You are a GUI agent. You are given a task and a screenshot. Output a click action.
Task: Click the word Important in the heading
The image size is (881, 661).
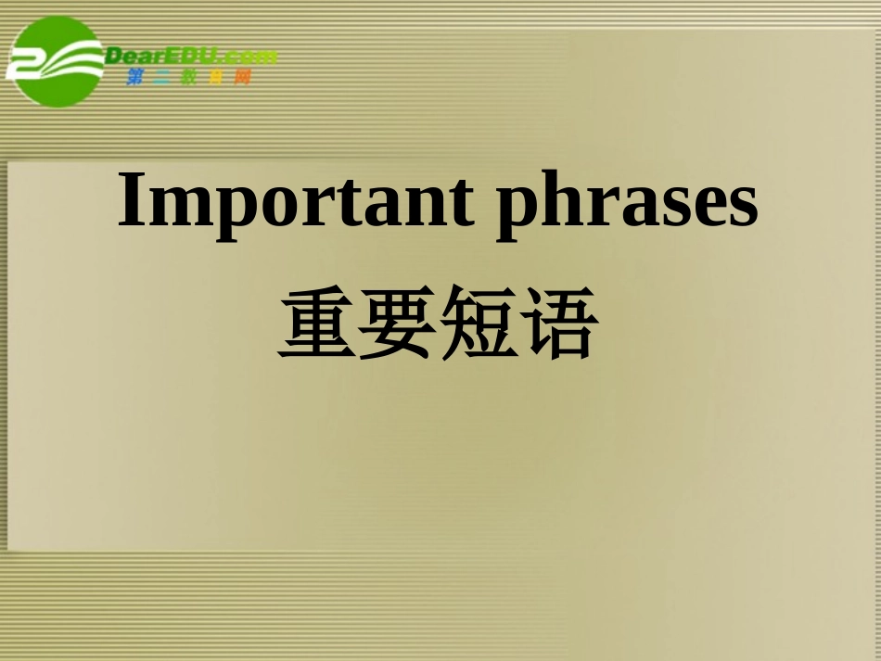click(295, 201)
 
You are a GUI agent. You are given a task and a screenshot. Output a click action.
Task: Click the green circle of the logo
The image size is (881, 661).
click(57, 61)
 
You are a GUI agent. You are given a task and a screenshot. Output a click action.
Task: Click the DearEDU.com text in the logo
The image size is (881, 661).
click(190, 56)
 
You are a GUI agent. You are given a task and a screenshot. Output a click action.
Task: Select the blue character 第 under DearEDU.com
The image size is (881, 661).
click(135, 78)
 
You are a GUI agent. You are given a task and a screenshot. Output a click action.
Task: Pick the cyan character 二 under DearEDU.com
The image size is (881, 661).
click(162, 78)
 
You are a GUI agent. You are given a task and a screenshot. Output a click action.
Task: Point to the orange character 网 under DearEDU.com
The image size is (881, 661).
click(243, 78)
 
